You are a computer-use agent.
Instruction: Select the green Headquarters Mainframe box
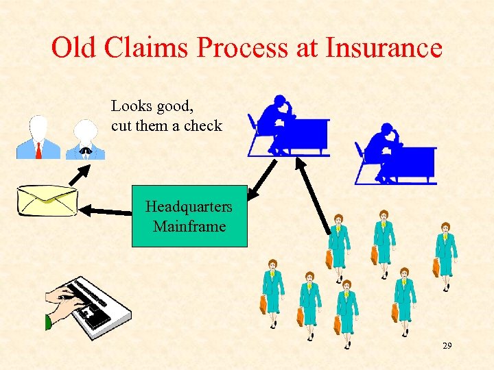click(189, 216)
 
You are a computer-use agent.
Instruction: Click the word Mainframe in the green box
click(189, 226)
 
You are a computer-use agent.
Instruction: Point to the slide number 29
click(447, 346)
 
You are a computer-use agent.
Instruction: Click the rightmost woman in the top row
click(445, 250)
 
